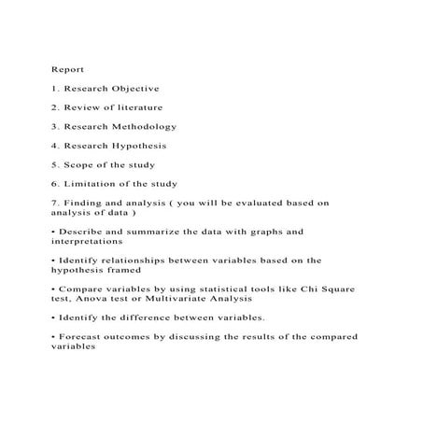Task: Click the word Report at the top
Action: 67,69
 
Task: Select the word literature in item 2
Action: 141,107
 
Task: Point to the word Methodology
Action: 141,126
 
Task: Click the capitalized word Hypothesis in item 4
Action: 136,146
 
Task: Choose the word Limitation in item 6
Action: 92,184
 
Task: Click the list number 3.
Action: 54,126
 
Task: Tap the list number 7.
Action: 54,203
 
